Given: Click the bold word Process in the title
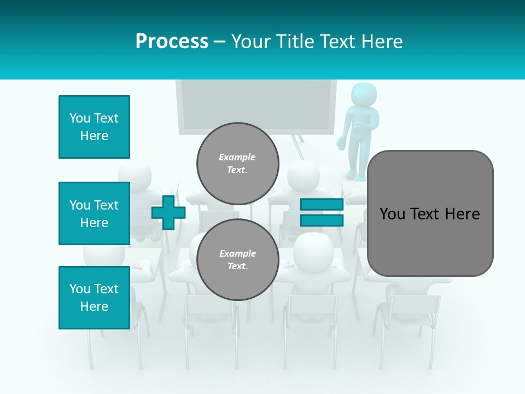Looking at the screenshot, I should [x=172, y=41].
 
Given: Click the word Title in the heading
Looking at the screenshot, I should [x=295, y=41].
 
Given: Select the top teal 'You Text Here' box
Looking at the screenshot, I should [x=94, y=127].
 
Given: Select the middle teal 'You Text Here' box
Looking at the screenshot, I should [x=94, y=213].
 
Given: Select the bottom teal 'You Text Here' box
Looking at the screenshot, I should [x=94, y=298].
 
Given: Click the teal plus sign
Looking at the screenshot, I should [x=168, y=212].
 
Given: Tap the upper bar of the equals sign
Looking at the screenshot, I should [x=322, y=204].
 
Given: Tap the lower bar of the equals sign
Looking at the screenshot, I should [x=322, y=221].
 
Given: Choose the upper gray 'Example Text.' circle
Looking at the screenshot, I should [x=237, y=163].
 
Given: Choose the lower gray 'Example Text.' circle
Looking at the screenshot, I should [x=237, y=259].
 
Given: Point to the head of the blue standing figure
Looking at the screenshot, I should [x=363, y=94].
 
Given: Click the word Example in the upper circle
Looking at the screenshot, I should [x=237, y=157].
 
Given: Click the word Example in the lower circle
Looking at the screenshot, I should [x=237, y=253].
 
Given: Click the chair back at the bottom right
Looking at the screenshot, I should [x=407, y=309].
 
